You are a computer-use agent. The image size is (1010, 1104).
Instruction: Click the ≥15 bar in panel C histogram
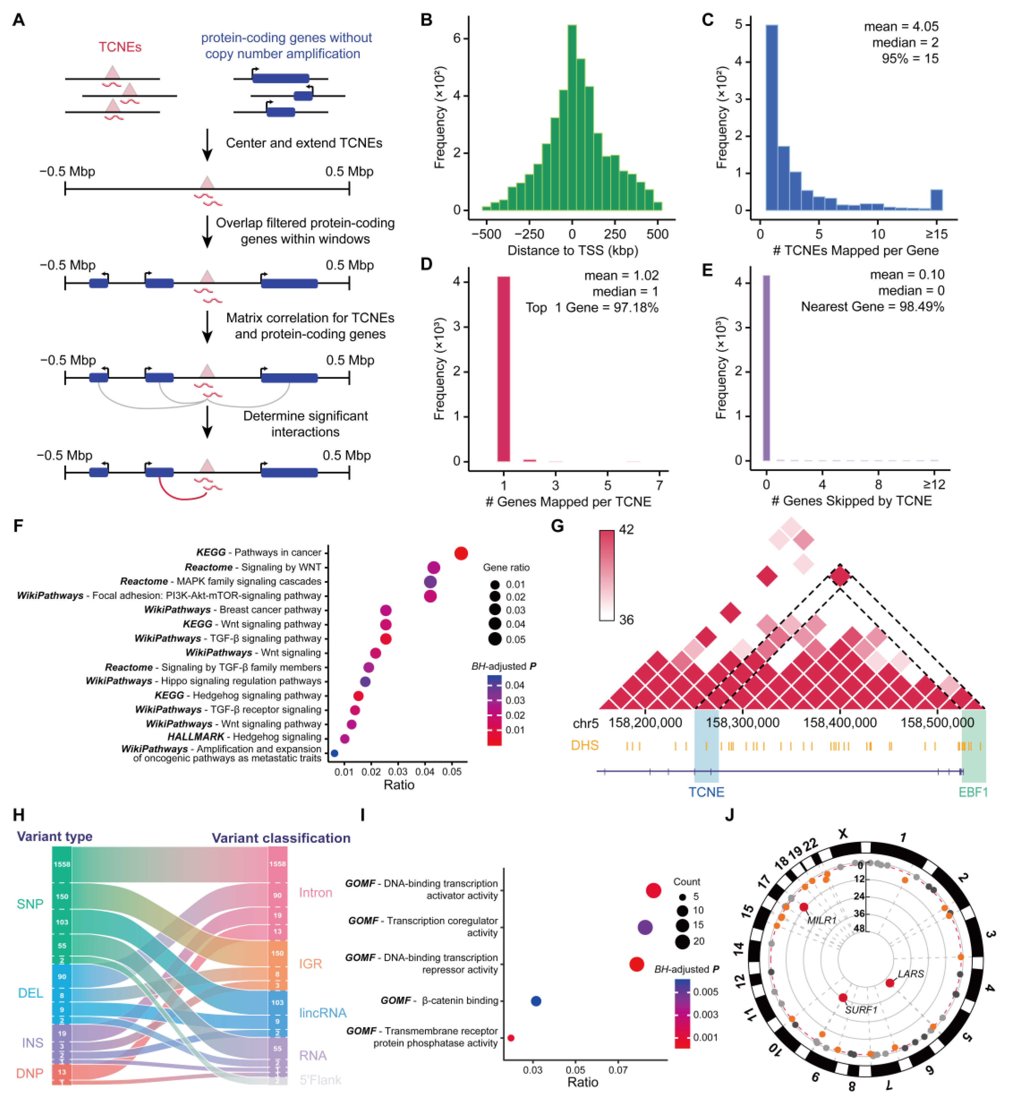tap(937, 200)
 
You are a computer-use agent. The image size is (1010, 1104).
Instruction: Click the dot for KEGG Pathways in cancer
tap(461, 554)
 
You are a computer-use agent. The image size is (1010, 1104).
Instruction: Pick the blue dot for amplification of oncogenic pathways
tap(334, 753)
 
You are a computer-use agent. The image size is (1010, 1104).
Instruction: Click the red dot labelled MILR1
tap(804, 908)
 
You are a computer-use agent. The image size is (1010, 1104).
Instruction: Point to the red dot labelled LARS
tap(890, 983)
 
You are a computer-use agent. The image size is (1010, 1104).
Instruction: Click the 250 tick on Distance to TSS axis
tap(615, 234)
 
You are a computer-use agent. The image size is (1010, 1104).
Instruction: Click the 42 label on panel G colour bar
tap(626, 529)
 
